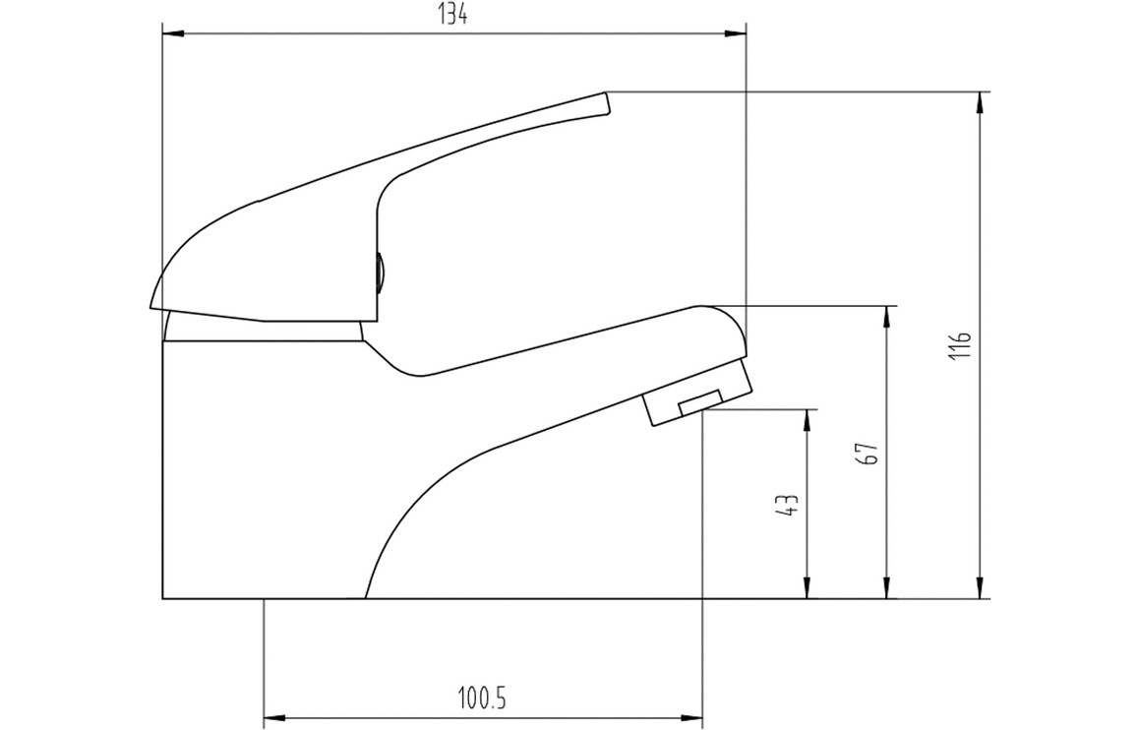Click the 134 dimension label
coord(453,15)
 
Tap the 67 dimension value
coord(869,453)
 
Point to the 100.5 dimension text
coord(482,699)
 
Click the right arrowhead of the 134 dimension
coord(736,32)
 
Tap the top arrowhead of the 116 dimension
coord(981,103)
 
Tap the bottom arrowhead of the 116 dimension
coord(981,587)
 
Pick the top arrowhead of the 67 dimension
coord(886,317)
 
